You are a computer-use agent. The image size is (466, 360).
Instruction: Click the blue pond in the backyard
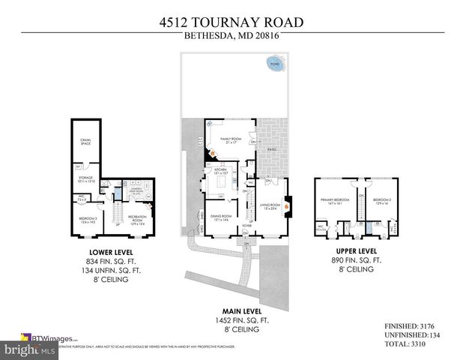click(x=275, y=65)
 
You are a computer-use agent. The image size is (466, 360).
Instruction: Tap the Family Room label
click(x=229, y=140)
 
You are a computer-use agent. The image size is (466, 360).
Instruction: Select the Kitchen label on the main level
click(x=222, y=172)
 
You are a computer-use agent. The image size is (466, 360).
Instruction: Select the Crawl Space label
click(x=86, y=142)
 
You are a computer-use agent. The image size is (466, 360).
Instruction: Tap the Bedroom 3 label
click(x=88, y=220)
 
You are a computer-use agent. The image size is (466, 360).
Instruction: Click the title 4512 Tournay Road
click(x=232, y=22)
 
